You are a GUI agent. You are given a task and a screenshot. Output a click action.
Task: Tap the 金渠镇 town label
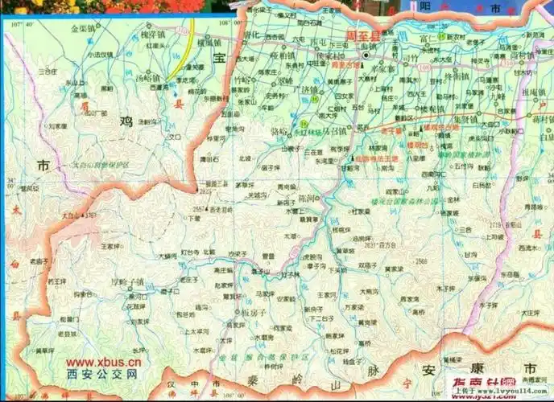[x=84, y=27]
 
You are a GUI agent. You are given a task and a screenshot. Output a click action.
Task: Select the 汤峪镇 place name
[x=148, y=78]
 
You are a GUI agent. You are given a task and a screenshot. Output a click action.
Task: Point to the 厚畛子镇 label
[x=127, y=281]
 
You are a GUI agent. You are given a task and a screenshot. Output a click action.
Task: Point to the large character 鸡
[x=126, y=121]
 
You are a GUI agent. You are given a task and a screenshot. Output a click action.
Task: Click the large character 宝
[x=217, y=57]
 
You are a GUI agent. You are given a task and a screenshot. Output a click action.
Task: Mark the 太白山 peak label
[x=73, y=215]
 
